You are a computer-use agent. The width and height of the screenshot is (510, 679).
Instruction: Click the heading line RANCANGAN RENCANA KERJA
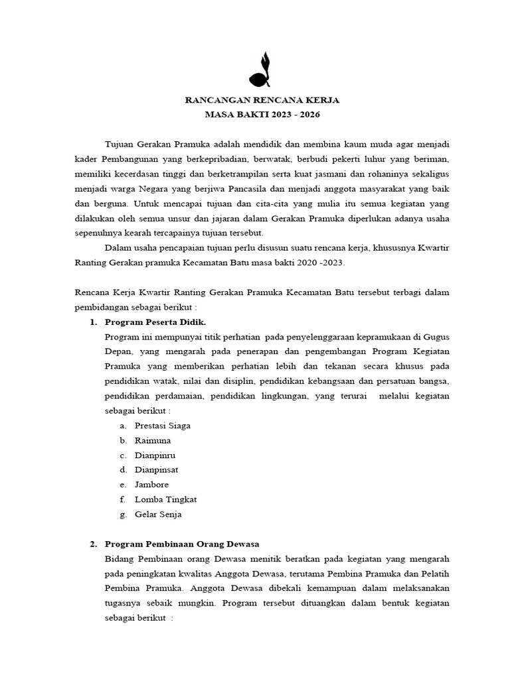262,100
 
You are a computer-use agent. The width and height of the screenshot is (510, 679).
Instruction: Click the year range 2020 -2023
321,263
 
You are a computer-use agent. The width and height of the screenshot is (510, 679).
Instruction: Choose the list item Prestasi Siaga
162,426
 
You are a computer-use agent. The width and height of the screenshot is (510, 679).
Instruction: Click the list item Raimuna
152,440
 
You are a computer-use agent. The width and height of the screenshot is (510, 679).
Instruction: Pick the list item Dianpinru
155,455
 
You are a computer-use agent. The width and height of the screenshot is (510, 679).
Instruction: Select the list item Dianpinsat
156,469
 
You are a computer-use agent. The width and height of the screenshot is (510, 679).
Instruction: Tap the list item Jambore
151,485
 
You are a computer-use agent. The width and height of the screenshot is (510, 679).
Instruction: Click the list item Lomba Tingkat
165,499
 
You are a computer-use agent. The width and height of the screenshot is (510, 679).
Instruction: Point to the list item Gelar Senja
157,514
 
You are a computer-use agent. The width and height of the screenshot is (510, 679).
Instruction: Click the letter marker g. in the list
123,514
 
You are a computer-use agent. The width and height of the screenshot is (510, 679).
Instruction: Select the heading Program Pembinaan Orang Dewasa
181,544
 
